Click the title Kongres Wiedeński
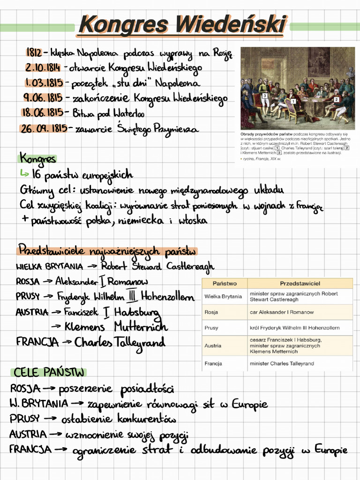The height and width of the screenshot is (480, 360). [182, 24]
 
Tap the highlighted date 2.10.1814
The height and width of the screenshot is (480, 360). [43, 67]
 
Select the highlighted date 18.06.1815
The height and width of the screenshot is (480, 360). [43, 112]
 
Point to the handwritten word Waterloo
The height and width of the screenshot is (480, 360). [129, 113]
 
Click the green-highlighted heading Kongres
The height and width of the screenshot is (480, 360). [37, 159]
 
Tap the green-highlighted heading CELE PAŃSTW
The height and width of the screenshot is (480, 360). [49, 373]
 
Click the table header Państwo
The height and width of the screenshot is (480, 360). [225, 284]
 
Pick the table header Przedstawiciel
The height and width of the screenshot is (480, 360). [300, 284]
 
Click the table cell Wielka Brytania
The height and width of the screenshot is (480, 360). [223, 296]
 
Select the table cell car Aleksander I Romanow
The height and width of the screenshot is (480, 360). [282, 312]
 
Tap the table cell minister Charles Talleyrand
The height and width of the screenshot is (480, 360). [282, 363]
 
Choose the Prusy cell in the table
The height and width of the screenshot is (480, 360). [211, 328]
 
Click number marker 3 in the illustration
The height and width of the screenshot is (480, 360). [265, 96]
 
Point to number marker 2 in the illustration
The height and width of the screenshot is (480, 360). [336, 99]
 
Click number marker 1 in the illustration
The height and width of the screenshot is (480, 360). [293, 101]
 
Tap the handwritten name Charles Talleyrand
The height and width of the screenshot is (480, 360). [120, 342]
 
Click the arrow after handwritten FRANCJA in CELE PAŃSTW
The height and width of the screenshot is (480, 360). [61, 450]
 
